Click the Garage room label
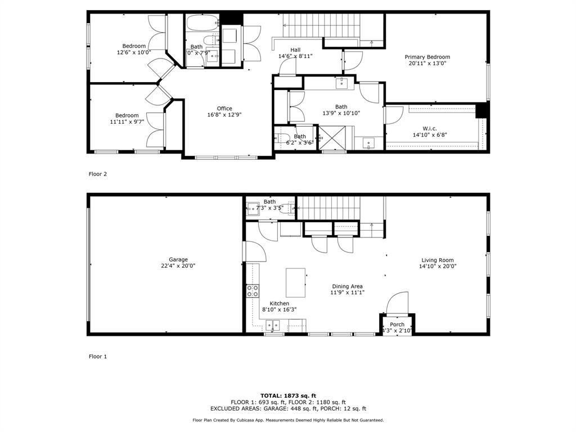(x=178, y=260)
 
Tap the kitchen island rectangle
(x=296, y=282)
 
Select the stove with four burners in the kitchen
(x=253, y=291)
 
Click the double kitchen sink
(x=273, y=325)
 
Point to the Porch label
(x=397, y=325)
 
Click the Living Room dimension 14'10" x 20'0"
(x=438, y=267)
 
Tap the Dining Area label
(x=347, y=286)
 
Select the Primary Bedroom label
(x=427, y=57)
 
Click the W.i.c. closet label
(x=431, y=127)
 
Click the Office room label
(x=224, y=109)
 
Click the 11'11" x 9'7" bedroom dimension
(x=127, y=122)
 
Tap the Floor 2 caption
(x=98, y=174)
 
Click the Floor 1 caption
(x=98, y=356)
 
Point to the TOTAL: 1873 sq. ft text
(x=288, y=395)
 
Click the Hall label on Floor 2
(x=295, y=49)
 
